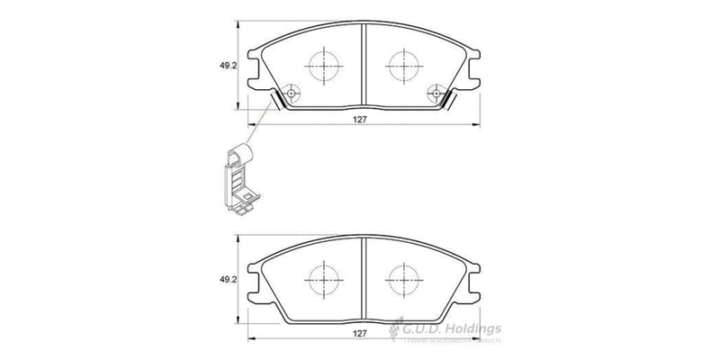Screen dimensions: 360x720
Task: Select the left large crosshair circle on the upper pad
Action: point(322,65)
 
